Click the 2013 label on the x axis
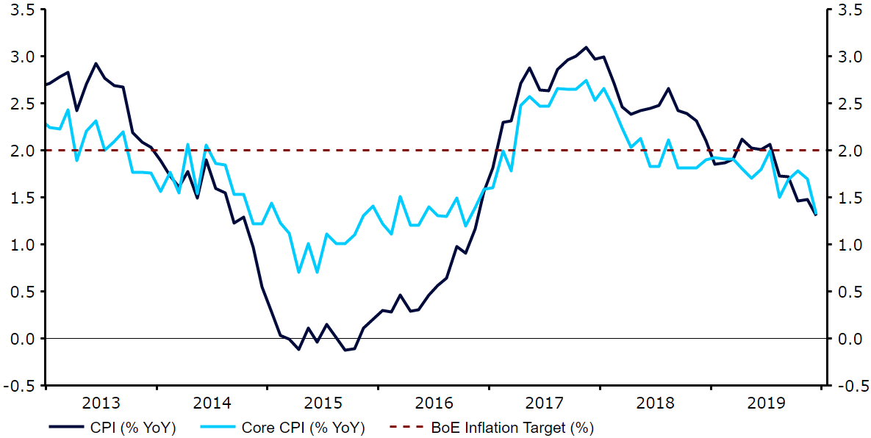click(x=101, y=403)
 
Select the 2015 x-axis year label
click(x=323, y=403)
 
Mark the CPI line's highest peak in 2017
click(x=586, y=47)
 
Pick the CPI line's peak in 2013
click(x=96, y=63)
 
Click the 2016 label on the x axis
click(x=434, y=403)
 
